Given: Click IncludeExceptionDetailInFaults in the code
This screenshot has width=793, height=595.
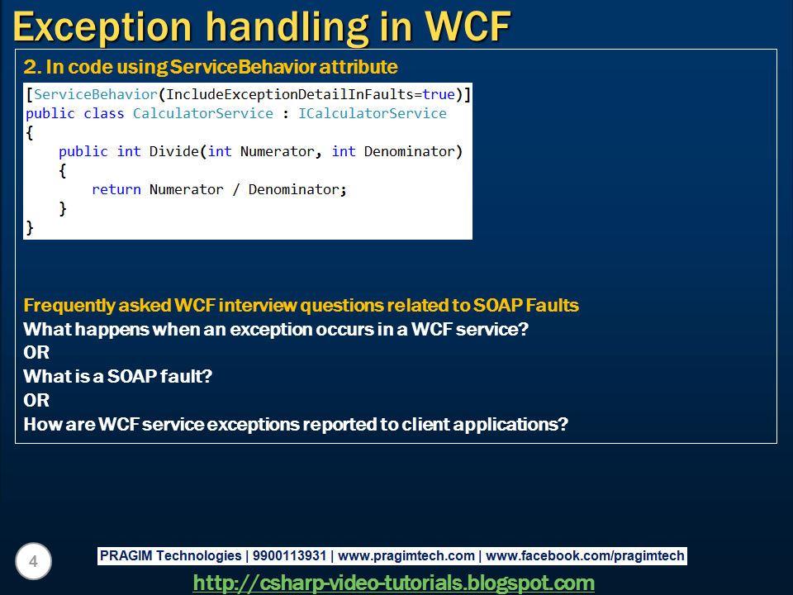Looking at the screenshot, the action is point(290,94).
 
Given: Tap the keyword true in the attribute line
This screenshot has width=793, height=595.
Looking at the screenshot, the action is point(439,94).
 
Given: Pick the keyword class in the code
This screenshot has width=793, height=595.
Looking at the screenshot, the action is point(104,113).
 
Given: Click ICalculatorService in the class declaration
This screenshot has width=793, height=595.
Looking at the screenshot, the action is point(373,113).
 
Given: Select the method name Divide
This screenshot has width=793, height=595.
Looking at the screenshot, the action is point(174,151).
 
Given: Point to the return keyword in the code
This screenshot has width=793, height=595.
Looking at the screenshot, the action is point(116,190).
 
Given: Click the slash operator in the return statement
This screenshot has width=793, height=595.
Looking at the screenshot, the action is point(235,190).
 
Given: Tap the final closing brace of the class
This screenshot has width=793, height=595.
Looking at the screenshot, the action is point(30,228).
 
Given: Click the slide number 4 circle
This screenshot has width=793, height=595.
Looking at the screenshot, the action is point(33,561).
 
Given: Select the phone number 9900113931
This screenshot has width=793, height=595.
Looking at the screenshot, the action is point(289,555).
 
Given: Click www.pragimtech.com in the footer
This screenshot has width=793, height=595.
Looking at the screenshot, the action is point(406,555).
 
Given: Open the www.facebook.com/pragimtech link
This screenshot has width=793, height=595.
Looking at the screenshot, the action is point(585,555).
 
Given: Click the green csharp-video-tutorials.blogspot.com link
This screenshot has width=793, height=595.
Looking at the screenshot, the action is point(393,583).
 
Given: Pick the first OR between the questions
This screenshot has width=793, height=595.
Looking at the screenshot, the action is point(36,352).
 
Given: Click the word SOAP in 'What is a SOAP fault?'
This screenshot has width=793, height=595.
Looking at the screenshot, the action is point(131,376).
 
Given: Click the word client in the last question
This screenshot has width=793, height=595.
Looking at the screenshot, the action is point(425,424).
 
